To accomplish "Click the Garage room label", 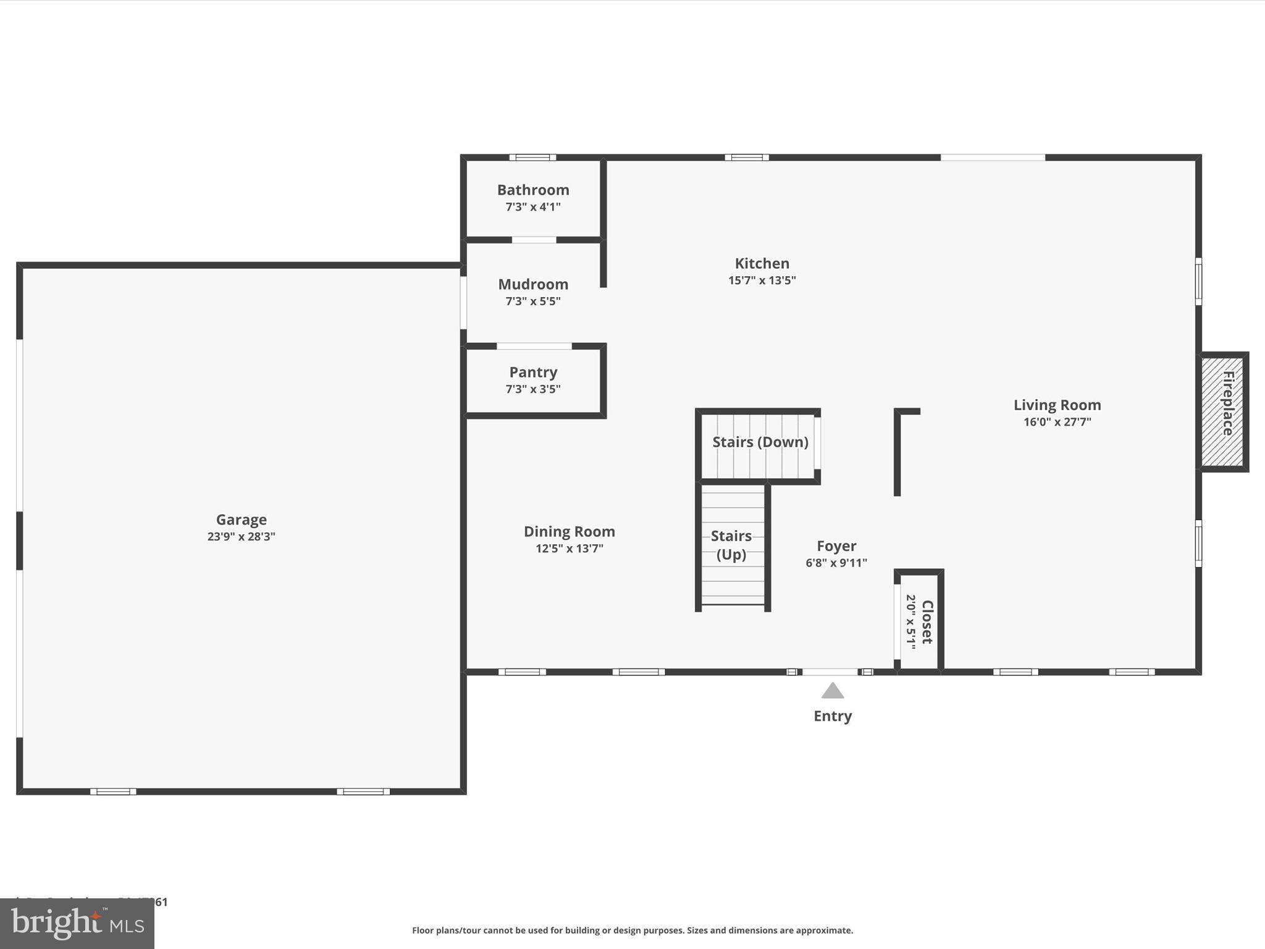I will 241,520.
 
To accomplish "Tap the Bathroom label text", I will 533,190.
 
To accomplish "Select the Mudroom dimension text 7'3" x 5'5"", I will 533,302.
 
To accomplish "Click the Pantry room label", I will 533,372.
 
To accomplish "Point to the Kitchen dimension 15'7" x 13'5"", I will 762,280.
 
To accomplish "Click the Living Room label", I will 1057,405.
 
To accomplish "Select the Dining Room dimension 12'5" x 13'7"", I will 569,549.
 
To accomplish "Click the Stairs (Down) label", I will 760,442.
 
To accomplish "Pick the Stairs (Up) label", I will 731,545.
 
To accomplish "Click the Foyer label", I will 836,546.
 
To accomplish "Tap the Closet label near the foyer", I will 927,622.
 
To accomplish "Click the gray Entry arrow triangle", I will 832,691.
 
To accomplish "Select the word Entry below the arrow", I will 832,716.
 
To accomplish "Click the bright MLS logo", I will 77,924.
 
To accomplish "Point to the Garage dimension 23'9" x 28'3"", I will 241,537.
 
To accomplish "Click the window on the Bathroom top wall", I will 532,158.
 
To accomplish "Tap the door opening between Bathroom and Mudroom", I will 534,240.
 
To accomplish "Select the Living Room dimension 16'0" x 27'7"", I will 1057,422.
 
